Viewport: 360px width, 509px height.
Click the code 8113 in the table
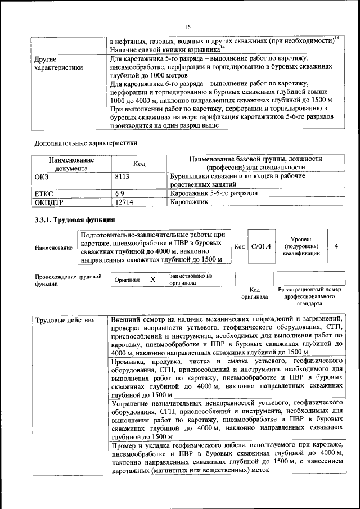[x=123, y=176]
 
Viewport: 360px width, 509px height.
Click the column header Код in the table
[x=139, y=164]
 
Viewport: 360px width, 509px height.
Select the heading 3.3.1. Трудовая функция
[x=75, y=219]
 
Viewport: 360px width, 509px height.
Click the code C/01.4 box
[x=261, y=246]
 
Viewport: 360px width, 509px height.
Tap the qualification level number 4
[x=336, y=246]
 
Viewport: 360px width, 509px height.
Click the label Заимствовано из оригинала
[x=190, y=280]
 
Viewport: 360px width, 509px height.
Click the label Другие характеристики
[x=58, y=62]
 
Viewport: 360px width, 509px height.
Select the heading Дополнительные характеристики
[x=85, y=143]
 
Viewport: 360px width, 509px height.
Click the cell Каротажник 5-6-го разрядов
[x=214, y=193]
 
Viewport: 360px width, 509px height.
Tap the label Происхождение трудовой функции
[x=68, y=280]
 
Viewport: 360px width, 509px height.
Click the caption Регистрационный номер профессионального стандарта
[x=309, y=296]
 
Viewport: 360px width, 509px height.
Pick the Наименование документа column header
[x=71, y=164]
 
